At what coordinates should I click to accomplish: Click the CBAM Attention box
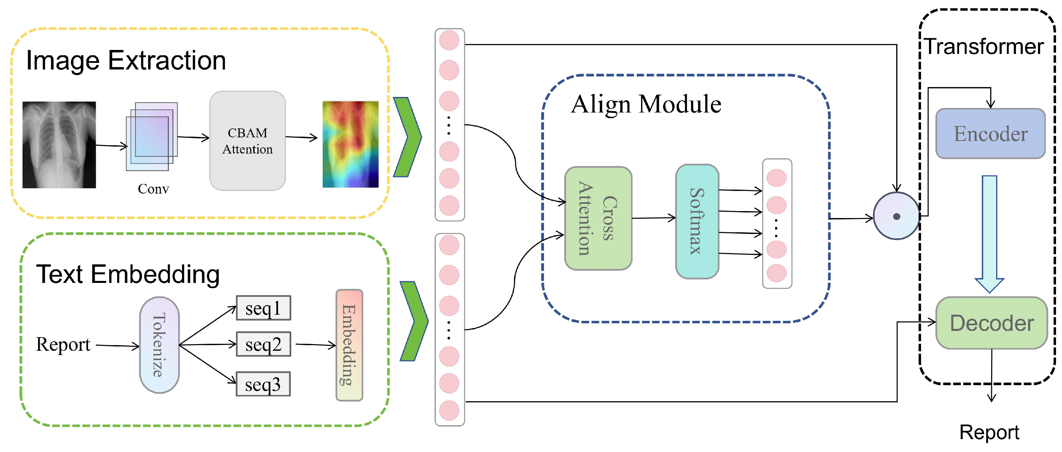(x=247, y=141)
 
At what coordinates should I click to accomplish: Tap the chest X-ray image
(x=59, y=145)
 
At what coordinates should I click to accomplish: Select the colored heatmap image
(x=350, y=144)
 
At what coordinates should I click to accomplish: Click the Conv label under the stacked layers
(x=153, y=189)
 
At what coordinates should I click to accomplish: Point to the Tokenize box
(x=159, y=345)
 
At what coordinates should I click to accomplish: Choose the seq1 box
(x=263, y=308)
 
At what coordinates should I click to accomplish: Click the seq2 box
(x=263, y=344)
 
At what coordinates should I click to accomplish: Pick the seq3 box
(x=263, y=384)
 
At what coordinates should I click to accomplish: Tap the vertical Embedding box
(x=349, y=345)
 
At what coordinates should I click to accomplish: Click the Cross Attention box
(x=598, y=218)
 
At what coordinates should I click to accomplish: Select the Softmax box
(x=697, y=221)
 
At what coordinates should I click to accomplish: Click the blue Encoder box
(x=990, y=133)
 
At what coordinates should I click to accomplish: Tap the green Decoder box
(x=991, y=323)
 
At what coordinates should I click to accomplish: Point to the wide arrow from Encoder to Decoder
(x=989, y=233)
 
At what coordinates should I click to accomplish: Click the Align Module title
(x=646, y=104)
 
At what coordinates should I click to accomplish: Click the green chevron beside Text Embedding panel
(x=413, y=321)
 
